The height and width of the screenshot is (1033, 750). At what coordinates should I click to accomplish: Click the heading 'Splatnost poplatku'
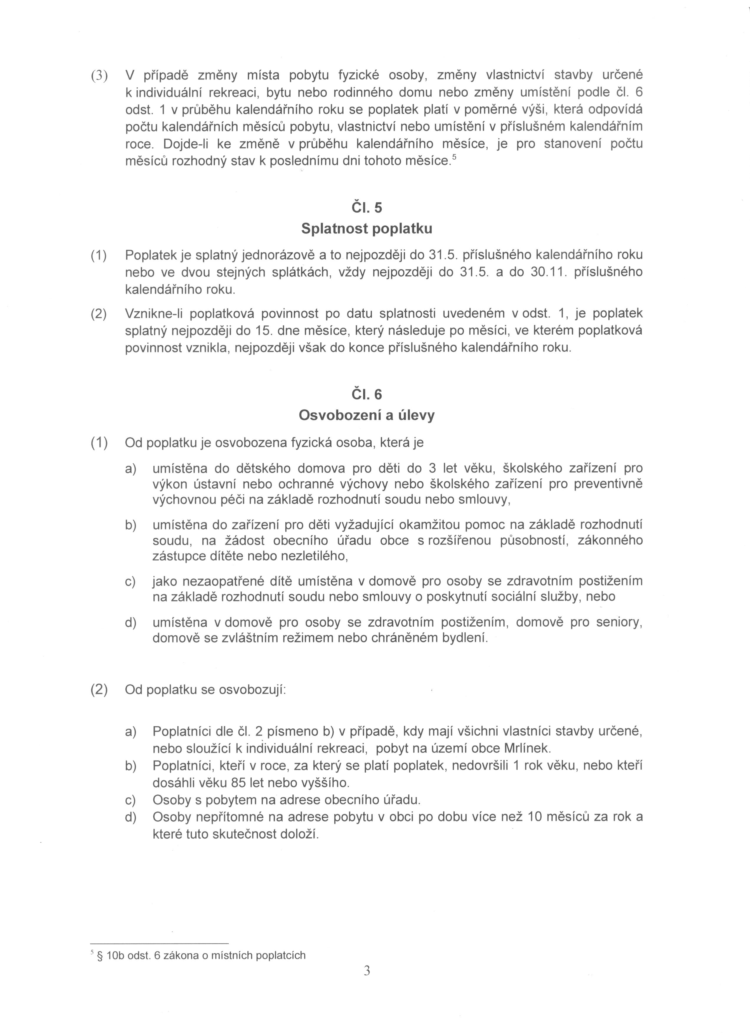pyautogui.click(x=367, y=229)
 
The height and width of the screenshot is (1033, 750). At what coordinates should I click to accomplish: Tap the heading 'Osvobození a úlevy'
pyautogui.click(x=367, y=415)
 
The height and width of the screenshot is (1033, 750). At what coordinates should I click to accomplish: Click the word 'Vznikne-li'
pyautogui.click(x=153, y=313)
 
